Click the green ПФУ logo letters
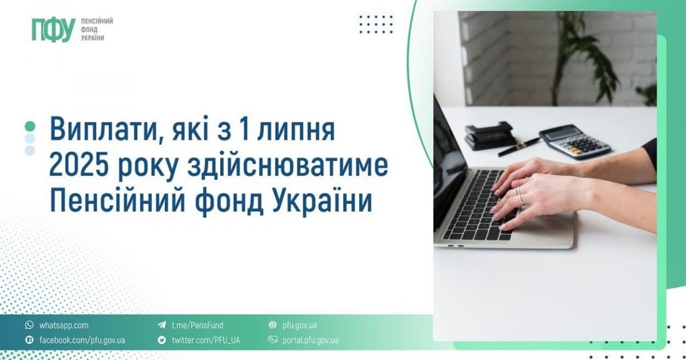(x=54, y=29)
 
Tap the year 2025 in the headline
(x=79, y=166)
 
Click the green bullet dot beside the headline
(x=30, y=126)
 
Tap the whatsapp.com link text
(x=63, y=325)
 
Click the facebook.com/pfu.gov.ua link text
(x=82, y=340)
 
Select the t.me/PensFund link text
(x=198, y=325)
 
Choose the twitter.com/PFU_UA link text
(x=206, y=340)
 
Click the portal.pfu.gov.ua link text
(x=310, y=340)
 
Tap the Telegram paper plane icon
(x=162, y=325)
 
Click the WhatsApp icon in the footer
(x=29, y=325)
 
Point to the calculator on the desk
(x=575, y=142)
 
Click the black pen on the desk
(x=519, y=147)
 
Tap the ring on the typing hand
(x=520, y=196)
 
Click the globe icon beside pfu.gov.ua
(x=272, y=325)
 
